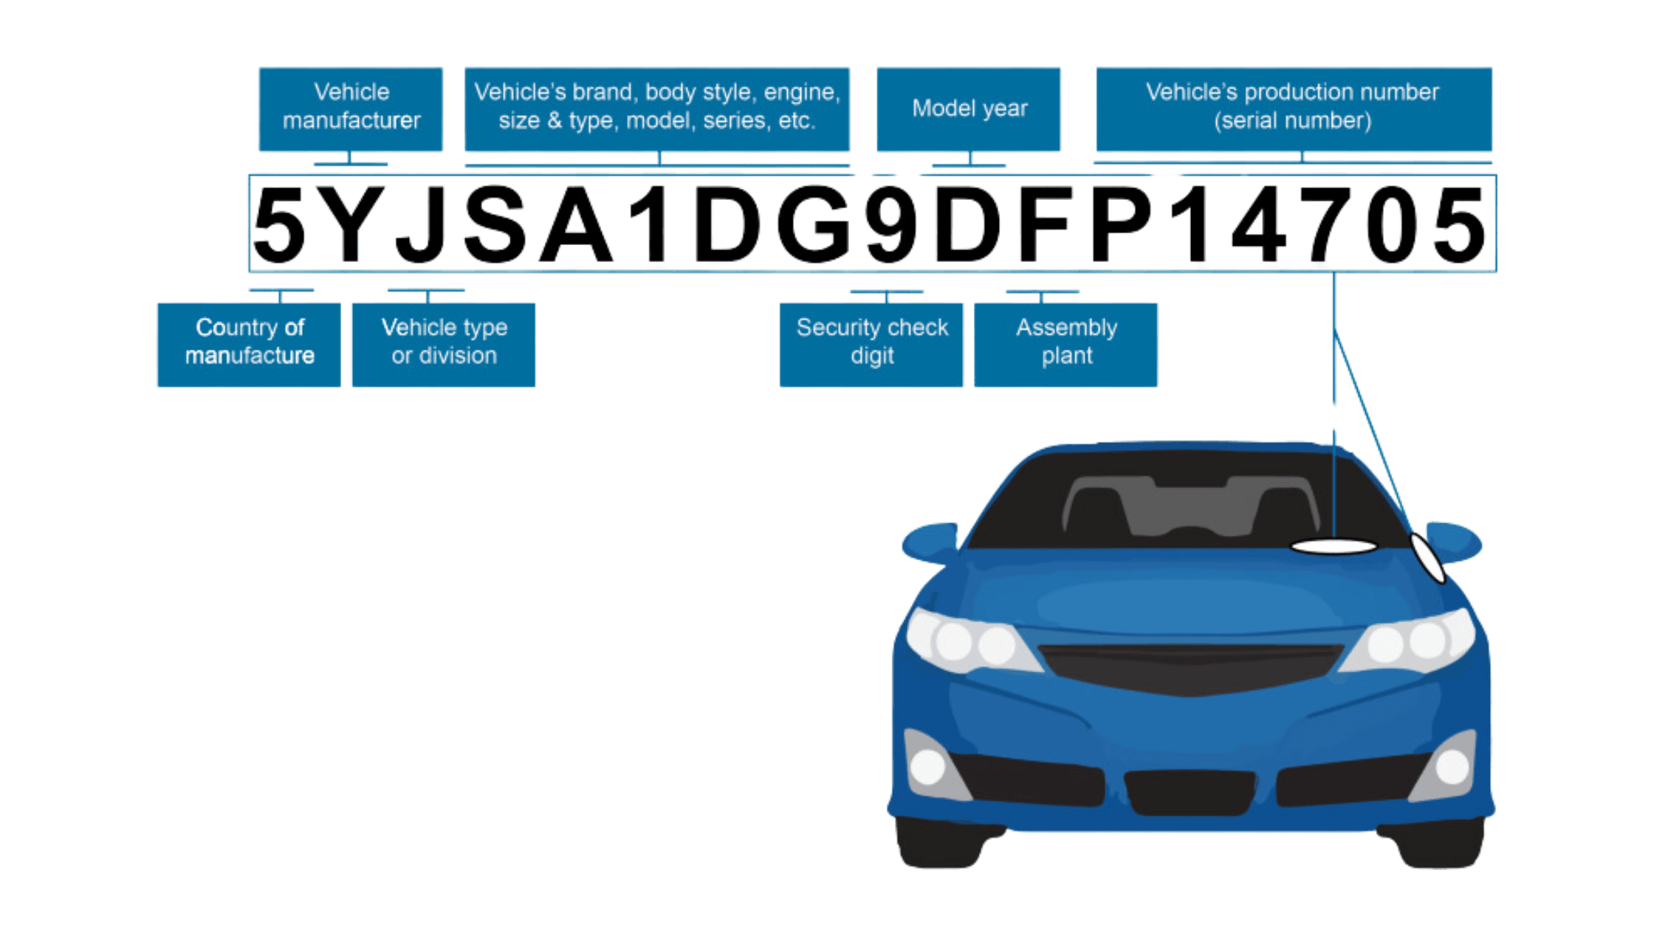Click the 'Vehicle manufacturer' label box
pos(351,109)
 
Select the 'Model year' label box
pos(969,109)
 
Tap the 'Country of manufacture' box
pos(249,344)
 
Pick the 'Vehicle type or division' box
pos(444,344)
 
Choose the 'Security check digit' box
pos(871,344)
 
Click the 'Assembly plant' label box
pos(1066,344)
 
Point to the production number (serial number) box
pos(1294,109)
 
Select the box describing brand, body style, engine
pos(657,109)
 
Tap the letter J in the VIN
pos(422,224)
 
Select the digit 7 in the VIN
pos(1325,224)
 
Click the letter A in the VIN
pos(576,224)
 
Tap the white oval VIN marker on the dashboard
pos(1334,547)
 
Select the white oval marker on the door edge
pos(1428,558)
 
